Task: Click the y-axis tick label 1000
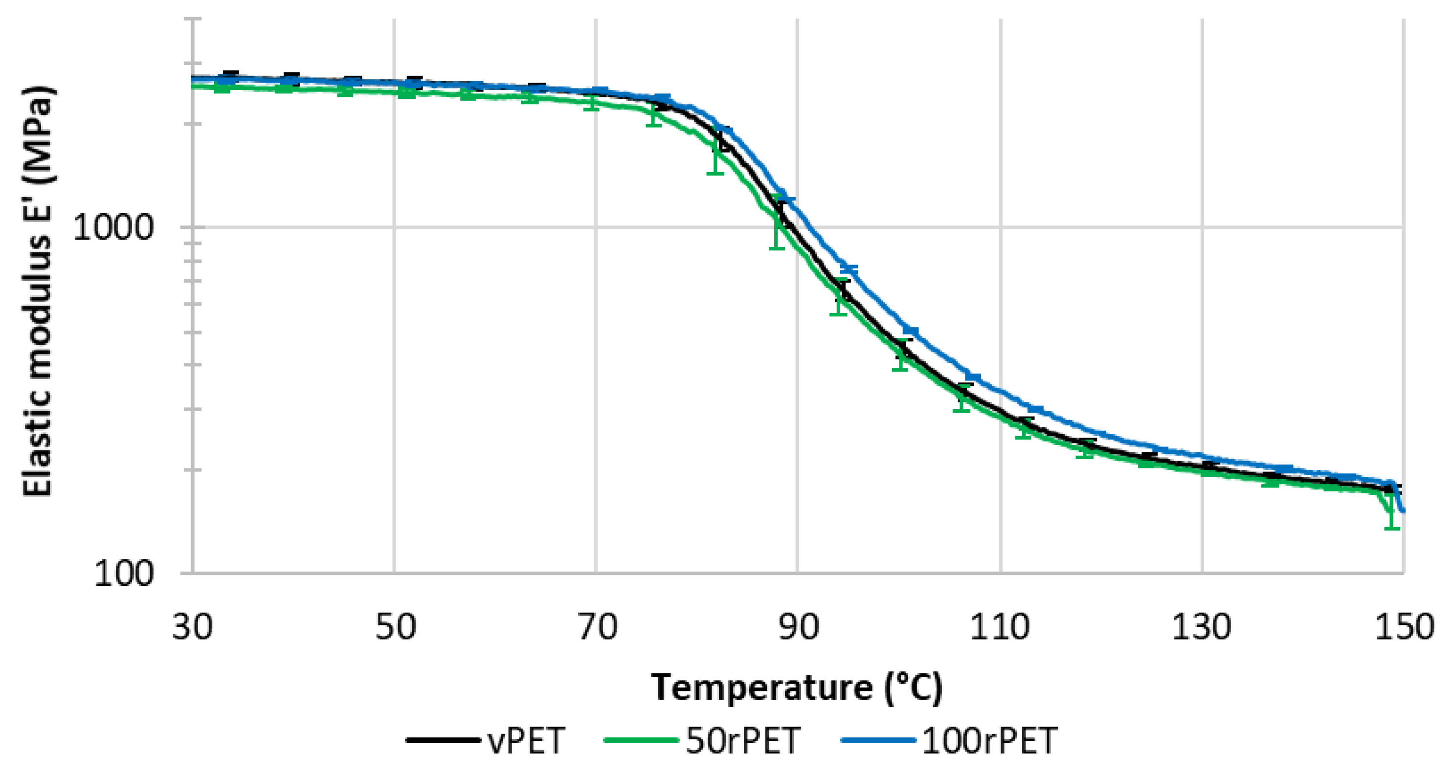pos(113,228)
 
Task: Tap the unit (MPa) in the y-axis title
pos(37,135)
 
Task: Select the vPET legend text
pos(526,740)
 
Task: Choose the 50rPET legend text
pos(743,740)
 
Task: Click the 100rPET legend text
pos(989,740)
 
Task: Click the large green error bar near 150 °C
pos(1391,510)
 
